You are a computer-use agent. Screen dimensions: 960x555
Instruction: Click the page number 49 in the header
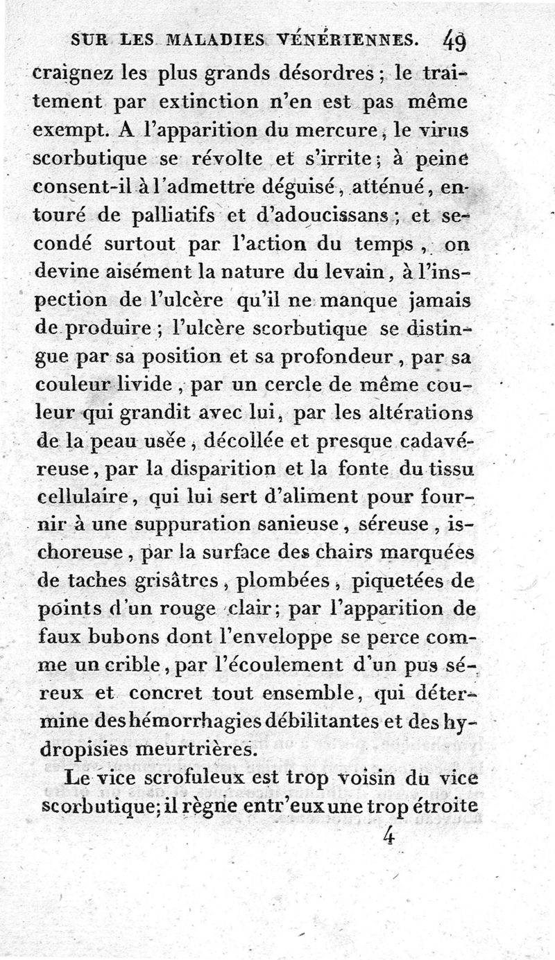click(454, 42)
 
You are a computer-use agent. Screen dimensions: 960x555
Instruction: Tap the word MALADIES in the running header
click(198, 42)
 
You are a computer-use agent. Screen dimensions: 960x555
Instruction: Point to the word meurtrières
click(196, 750)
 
